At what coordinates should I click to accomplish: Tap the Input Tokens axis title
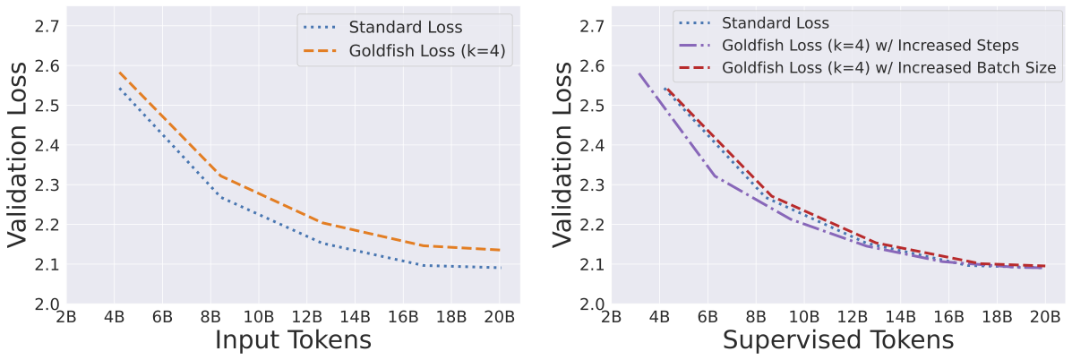point(293,340)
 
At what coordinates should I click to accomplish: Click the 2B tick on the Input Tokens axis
point(65,316)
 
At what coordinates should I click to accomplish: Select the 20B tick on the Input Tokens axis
point(499,316)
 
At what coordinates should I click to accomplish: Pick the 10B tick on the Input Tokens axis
point(258,316)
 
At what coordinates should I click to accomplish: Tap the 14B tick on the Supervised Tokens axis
point(899,316)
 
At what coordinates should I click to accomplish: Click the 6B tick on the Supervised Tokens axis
point(708,316)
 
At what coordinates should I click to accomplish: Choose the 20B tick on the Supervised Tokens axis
point(1043,316)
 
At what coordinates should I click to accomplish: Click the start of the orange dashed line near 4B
point(118,72)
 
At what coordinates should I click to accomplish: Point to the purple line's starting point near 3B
point(638,73)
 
